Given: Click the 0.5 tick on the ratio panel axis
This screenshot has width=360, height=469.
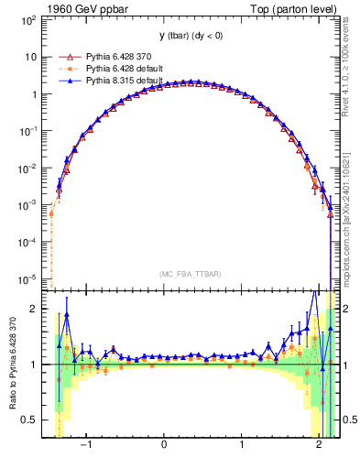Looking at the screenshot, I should (x=31, y=420).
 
